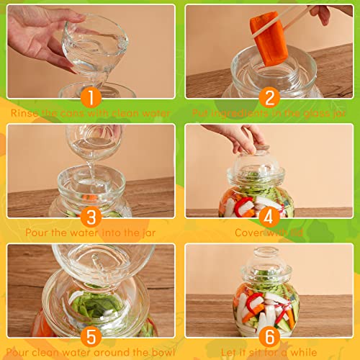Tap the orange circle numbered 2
[269, 96]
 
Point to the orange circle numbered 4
[269, 216]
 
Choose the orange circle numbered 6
[269, 336]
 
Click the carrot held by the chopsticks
[269, 36]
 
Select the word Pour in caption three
[37, 233]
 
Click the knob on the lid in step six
[269, 253]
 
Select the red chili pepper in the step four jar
[244, 204]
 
